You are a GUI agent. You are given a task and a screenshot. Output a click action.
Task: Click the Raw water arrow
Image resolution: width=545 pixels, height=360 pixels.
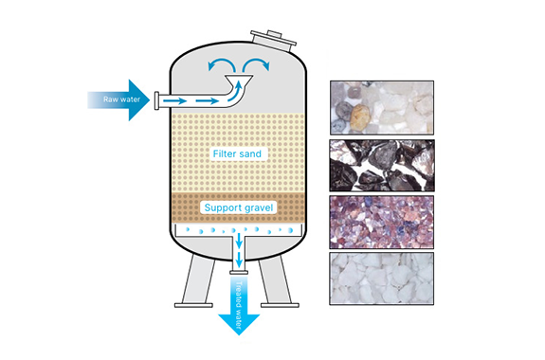coord(120,100)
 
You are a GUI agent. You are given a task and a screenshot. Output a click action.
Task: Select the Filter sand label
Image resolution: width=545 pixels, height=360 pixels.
coord(237,153)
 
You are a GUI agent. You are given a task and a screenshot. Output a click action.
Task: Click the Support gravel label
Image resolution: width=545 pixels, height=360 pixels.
coord(239,207)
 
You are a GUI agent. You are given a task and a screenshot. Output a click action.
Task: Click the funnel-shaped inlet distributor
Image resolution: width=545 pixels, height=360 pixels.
coord(239,81)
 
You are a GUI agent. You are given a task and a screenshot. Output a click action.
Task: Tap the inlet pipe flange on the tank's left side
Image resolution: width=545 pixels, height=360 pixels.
coord(156,100)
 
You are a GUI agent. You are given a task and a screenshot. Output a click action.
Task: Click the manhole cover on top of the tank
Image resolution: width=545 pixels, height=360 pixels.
coord(274,39)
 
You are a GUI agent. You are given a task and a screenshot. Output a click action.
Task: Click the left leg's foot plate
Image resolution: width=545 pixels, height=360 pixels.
coord(193,305)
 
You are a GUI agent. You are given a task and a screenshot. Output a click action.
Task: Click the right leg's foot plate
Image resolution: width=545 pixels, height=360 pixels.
coord(280,305)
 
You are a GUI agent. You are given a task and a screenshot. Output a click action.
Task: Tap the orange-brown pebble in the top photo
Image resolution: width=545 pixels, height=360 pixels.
coord(359,117)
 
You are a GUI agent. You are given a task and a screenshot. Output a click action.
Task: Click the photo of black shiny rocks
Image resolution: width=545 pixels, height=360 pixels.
coord(382,166)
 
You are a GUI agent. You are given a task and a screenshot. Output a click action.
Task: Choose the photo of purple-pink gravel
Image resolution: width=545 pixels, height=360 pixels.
coord(382,223)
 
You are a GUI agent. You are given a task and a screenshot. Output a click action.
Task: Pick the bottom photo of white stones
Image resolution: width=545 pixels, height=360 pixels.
coord(382,279)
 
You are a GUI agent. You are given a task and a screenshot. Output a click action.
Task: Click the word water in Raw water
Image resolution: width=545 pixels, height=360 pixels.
coord(131,99)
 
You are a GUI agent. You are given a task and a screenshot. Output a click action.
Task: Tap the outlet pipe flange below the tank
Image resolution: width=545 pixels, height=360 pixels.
coord(239,273)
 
